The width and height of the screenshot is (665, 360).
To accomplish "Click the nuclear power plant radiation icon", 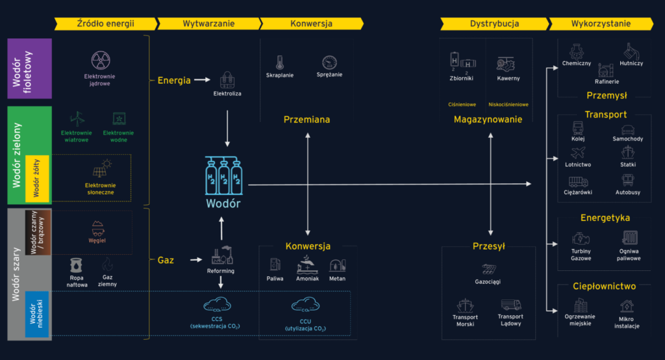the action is [x=101, y=60].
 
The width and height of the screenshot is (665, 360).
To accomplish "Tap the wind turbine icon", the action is [x=77, y=120].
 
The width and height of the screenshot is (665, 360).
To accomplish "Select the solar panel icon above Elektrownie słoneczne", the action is [x=101, y=168].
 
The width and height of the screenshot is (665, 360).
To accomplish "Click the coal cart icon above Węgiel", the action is [x=97, y=228].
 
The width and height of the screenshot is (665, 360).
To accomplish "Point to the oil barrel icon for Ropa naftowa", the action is [x=77, y=265].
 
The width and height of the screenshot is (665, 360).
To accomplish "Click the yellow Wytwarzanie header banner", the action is [x=208, y=24].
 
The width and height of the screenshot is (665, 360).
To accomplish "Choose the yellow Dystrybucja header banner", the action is [x=494, y=24].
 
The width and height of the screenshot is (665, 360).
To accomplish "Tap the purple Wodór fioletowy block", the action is [x=30, y=69].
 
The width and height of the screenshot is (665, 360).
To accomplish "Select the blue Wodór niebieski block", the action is [x=37, y=314].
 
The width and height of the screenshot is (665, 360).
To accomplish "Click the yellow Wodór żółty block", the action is [x=37, y=178].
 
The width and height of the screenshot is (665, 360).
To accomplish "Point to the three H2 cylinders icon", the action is [x=224, y=175].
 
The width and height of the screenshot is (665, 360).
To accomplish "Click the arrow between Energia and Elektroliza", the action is [x=203, y=80].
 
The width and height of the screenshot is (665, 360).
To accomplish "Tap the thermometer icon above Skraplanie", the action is [x=279, y=62].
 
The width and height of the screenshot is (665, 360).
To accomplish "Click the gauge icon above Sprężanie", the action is [x=329, y=62].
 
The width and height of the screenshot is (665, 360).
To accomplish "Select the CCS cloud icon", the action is [x=217, y=305].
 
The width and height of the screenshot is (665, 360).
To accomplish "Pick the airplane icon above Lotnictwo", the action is [x=577, y=153].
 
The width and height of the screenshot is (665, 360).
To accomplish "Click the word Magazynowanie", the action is [x=488, y=120].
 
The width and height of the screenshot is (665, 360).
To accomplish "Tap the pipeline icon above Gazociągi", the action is [x=489, y=269].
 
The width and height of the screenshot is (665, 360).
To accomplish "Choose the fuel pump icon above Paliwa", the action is [x=275, y=265].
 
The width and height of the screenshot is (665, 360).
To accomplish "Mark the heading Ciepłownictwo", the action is [x=605, y=287].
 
